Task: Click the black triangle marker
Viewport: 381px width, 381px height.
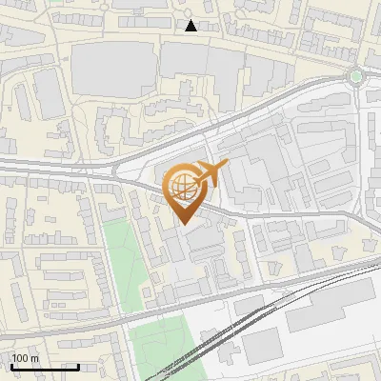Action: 191,26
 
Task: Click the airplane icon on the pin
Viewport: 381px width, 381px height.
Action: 209,174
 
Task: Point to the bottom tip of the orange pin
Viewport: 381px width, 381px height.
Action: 184,225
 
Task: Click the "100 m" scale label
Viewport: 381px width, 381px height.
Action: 26,358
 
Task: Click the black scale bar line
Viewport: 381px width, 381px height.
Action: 45,367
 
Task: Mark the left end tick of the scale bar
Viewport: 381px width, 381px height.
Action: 11,365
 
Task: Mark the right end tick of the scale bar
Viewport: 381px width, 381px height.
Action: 78,365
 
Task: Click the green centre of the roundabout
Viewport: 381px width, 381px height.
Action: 356,76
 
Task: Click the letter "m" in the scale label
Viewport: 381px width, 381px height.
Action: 35,358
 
